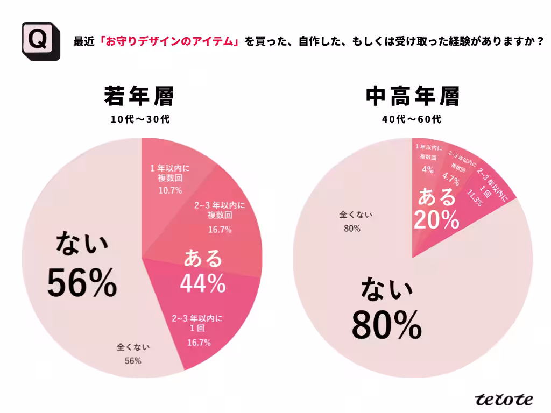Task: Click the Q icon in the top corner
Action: click(x=37, y=41)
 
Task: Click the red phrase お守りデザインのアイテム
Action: click(x=169, y=41)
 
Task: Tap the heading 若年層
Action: click(x=139, y=97)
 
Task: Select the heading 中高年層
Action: click(x=412, y=97)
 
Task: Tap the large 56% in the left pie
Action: click(x=82, y=283)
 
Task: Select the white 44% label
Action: click(x=202, y=283)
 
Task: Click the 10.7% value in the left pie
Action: click(x=170, y=190)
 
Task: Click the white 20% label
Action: click(x=436, y=219)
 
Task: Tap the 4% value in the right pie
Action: click(x=427, y=170)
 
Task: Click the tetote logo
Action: click(x=504, y=399)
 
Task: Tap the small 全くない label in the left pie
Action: click(x=133, y=347)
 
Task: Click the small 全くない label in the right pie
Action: click(x=355, y=215)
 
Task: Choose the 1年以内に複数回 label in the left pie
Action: click(x=170, y=173)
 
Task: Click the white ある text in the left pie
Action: click(x=203, y=259)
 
